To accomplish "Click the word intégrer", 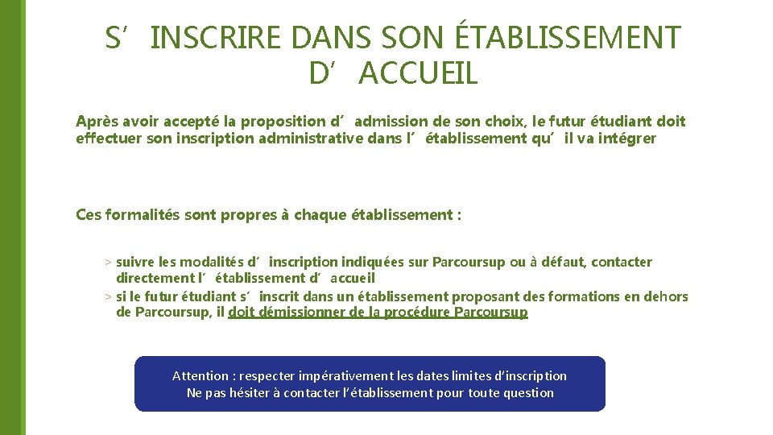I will (x=627, y=139).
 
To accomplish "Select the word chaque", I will (x=321, y=215).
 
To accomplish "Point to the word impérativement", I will (x=339, y=376).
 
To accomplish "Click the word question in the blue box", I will (x=528, y=393).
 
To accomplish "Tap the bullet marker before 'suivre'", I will (x=108, y=263).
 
